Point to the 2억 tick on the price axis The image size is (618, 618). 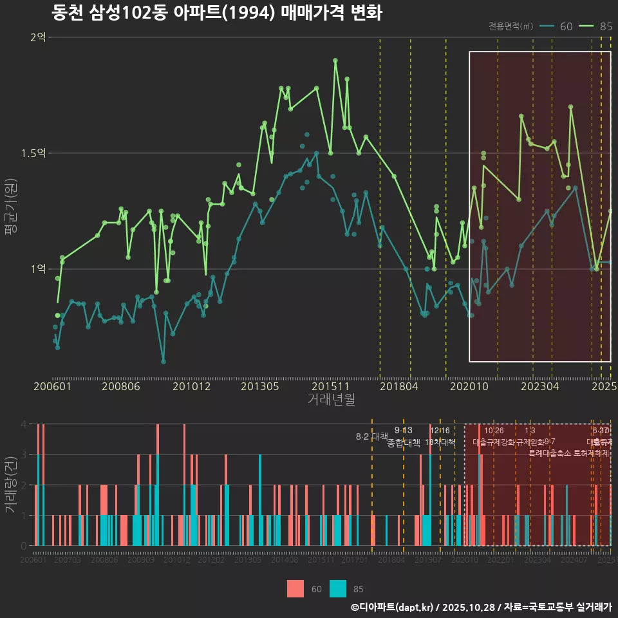pos(38,37)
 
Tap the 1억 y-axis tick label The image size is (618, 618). pos(38,268)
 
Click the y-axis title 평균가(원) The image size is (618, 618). pos(11,208)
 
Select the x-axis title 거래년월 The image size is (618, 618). pos(331,400)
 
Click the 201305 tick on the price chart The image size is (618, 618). pos(259,386)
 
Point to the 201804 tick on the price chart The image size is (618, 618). pos(398,386)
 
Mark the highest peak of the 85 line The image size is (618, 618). pos(335,61)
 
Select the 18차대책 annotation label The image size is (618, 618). pos(440,442)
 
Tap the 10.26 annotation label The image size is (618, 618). pos(494,431)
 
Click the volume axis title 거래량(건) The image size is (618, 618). pos(10,485)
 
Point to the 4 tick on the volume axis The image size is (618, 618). pos(23,424)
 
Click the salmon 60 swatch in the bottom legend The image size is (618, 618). pos(295,589)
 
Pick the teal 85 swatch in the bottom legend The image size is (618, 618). pos(338,589)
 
